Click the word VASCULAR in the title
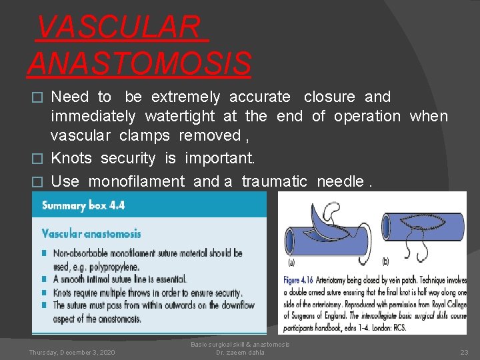click(x=118, y=27)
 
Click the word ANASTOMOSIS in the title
click(x=139, y=63)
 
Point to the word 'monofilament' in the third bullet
click(x=138, y=181)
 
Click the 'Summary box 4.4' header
click(x=83, y=205)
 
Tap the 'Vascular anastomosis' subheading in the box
click(x=91, y=234)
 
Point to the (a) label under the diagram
click(x=291, y=261)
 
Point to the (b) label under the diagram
click(x=386, y=261)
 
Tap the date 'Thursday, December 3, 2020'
click(x=71, y=352)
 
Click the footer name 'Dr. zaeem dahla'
click(x=240, y=352)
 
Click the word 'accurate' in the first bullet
click(x=260, y=97)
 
